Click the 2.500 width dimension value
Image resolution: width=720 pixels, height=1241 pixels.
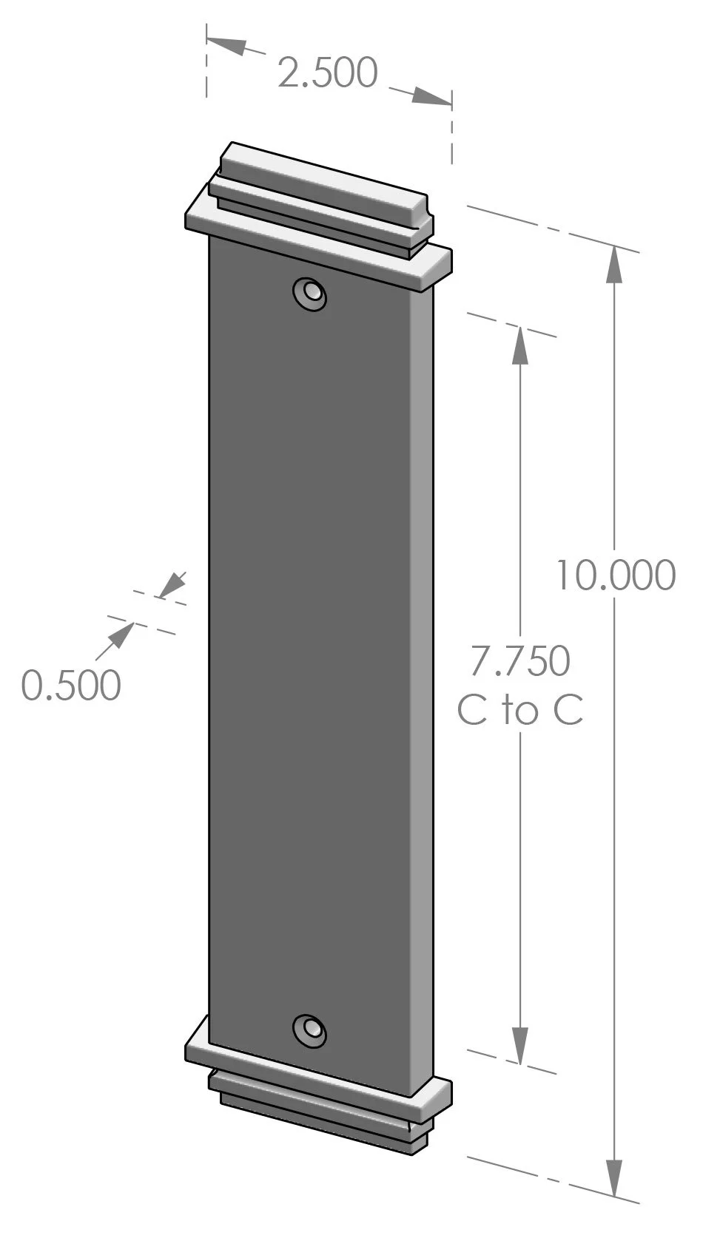tap(327, 72)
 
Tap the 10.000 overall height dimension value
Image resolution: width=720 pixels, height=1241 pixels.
tap(615, 576)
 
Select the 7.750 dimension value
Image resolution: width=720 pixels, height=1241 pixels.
tap(520, 661)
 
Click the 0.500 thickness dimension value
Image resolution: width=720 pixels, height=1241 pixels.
tap(71, 685)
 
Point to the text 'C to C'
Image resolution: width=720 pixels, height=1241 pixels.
tap(520, 710)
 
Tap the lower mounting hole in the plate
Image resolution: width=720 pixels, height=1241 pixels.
tap(309, 1029)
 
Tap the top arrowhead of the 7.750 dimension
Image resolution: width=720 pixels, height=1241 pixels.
tap(520, 345)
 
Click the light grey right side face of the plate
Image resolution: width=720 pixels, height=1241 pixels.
tap(423, 666)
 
